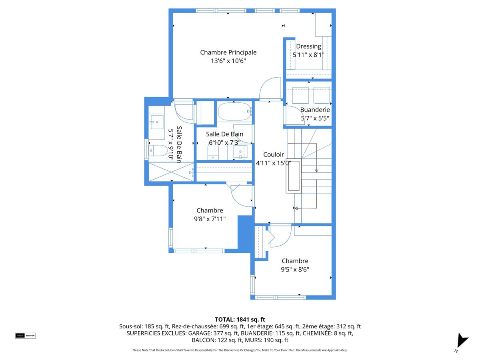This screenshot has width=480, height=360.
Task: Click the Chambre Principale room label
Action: (x=228, y=52)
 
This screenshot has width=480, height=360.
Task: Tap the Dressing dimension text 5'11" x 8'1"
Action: (x=308, y=55)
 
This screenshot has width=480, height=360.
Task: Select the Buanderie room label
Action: (x=315, y=110)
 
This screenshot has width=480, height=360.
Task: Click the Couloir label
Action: (x=273, y=154)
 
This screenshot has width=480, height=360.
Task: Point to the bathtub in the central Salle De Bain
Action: (x=234, y=111)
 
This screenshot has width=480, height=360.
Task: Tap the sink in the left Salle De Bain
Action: (x=156, y=122)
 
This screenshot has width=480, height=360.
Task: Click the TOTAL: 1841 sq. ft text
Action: (x=240, y=319)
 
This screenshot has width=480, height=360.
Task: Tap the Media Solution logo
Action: (x=25, y=336)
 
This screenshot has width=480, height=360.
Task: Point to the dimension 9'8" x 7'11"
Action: (x=210, y=219)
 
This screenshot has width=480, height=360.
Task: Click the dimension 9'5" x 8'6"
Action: (x=295, y=270)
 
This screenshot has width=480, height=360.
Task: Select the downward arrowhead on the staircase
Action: (x=316, y=171)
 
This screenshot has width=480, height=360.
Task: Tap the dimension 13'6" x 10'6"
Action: (x=228, y=61)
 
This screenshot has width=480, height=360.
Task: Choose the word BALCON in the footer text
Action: (x=203, y=340)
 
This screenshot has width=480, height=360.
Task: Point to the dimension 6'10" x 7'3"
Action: (x=224, y=142)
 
